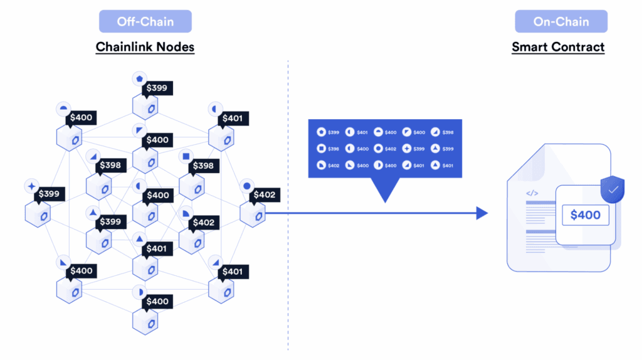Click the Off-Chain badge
(145, 21)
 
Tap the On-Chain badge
(561, 21)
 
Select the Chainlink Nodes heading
(145, 46)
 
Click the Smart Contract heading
(558, 46)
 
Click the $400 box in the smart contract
(585, 215)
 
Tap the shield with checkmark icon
(613, 189)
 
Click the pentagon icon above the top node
(139, 78)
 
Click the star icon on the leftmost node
(31, 186)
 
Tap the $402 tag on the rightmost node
(265, 195)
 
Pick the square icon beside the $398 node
(185, 156)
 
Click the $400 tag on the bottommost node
(157, 301)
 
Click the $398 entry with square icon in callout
(328, 149)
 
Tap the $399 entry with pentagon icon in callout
(328, 132)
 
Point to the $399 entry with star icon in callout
(413, 149)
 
